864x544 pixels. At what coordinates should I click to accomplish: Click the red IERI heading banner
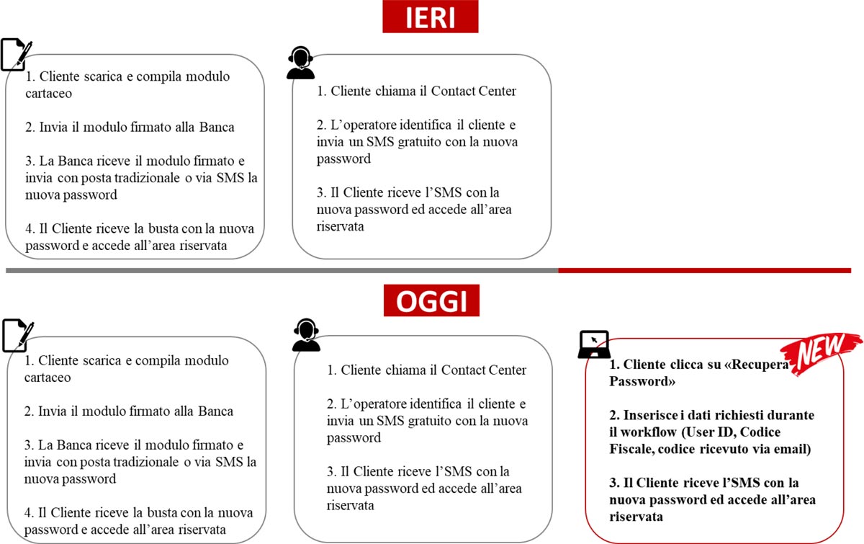(x=430, y=17)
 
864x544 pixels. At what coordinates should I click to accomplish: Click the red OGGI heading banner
(x=431, y=300)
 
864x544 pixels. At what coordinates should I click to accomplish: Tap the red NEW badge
(x=821, y=353)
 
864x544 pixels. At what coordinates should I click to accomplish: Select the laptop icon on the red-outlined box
(x=594, y=344)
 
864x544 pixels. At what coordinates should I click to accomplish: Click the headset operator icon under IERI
(x=300, y=63)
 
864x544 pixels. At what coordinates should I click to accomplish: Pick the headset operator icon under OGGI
(x=306, y=335)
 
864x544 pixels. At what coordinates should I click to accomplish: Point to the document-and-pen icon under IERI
(x=16, y=55)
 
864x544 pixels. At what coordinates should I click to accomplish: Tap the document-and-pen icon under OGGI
(x=18, y=335)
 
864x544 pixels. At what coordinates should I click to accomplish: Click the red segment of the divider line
(x=704, y=271)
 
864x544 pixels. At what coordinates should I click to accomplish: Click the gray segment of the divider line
(x=282, y=271)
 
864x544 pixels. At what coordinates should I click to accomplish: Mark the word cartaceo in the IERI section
(x=49, y=94)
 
